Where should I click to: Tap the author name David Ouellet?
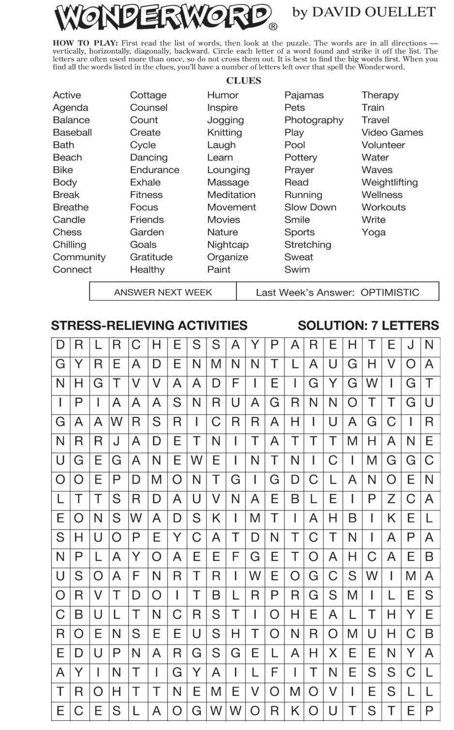pos(364,12)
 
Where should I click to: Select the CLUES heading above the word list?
pos(244,81)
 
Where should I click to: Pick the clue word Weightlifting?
pos(389,182)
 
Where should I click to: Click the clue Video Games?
pos(392,132)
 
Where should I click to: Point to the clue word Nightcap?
pos(228,245)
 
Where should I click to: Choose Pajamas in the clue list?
pos(304,95)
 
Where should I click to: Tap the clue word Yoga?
pos(373,232)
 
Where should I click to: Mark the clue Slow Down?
pos(310,207)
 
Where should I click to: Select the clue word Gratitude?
pos(151,257)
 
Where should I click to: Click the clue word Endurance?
pos(154,170)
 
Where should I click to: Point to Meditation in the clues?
pos(231,195)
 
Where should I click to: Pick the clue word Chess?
pos(67,232)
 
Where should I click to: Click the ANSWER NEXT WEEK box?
pos(163,292)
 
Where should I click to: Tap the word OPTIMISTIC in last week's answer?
pos(390,292)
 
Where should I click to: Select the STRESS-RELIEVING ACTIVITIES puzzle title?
pos(149,326)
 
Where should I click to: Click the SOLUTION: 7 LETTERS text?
pos(368,326)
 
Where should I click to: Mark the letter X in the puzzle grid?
pos(333,653)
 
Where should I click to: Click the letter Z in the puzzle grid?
pos(391,499)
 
